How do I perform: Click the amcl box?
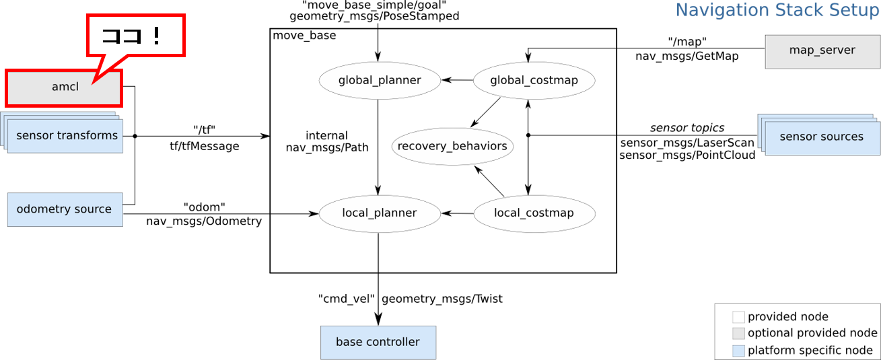click(64, 87)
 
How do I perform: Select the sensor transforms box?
click(67, 136)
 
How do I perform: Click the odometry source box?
click(65, 209)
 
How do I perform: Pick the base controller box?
click(378, 343)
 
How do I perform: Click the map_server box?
click(822, 51)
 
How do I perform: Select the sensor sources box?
click(821, 137)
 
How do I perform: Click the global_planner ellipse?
click(379, 81)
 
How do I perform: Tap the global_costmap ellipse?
click(534, 81)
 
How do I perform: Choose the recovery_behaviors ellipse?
click(452, 146)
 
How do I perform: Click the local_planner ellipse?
click(379, 213)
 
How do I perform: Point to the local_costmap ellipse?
click(534, 213)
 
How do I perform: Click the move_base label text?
click(304, 36)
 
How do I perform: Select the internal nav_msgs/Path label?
click(327, 141)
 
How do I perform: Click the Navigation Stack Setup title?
click(777, 11)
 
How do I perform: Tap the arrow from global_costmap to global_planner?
click(458, 81)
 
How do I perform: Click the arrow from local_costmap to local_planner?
click(458, 213)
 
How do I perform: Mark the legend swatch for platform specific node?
click(738, 351)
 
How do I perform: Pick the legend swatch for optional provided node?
click(738, 334)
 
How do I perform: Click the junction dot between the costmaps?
click(528, 135)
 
